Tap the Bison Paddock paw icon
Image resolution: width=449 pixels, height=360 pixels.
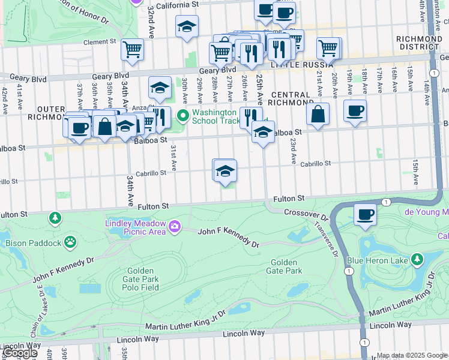[x=71, y=242]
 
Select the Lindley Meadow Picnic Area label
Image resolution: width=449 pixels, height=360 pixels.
[x=136, y=227]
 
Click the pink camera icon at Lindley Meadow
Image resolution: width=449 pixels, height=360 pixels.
[x=175, y=226]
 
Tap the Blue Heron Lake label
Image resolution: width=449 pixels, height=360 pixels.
[x=378, y=260]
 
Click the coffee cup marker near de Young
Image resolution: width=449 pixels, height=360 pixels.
[x=365, y=214]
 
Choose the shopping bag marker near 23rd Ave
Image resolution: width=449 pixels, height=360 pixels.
[x=318, y=113]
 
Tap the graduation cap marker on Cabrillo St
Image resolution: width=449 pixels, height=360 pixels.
[x=225, y=171]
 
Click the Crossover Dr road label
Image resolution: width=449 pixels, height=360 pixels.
[x=305, y=213]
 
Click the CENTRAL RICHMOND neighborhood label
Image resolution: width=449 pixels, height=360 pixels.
[x=291, y=99]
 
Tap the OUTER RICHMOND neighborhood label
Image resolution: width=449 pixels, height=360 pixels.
[x=46, y=112]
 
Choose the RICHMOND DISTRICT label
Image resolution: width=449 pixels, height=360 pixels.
[x=419, y=43]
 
